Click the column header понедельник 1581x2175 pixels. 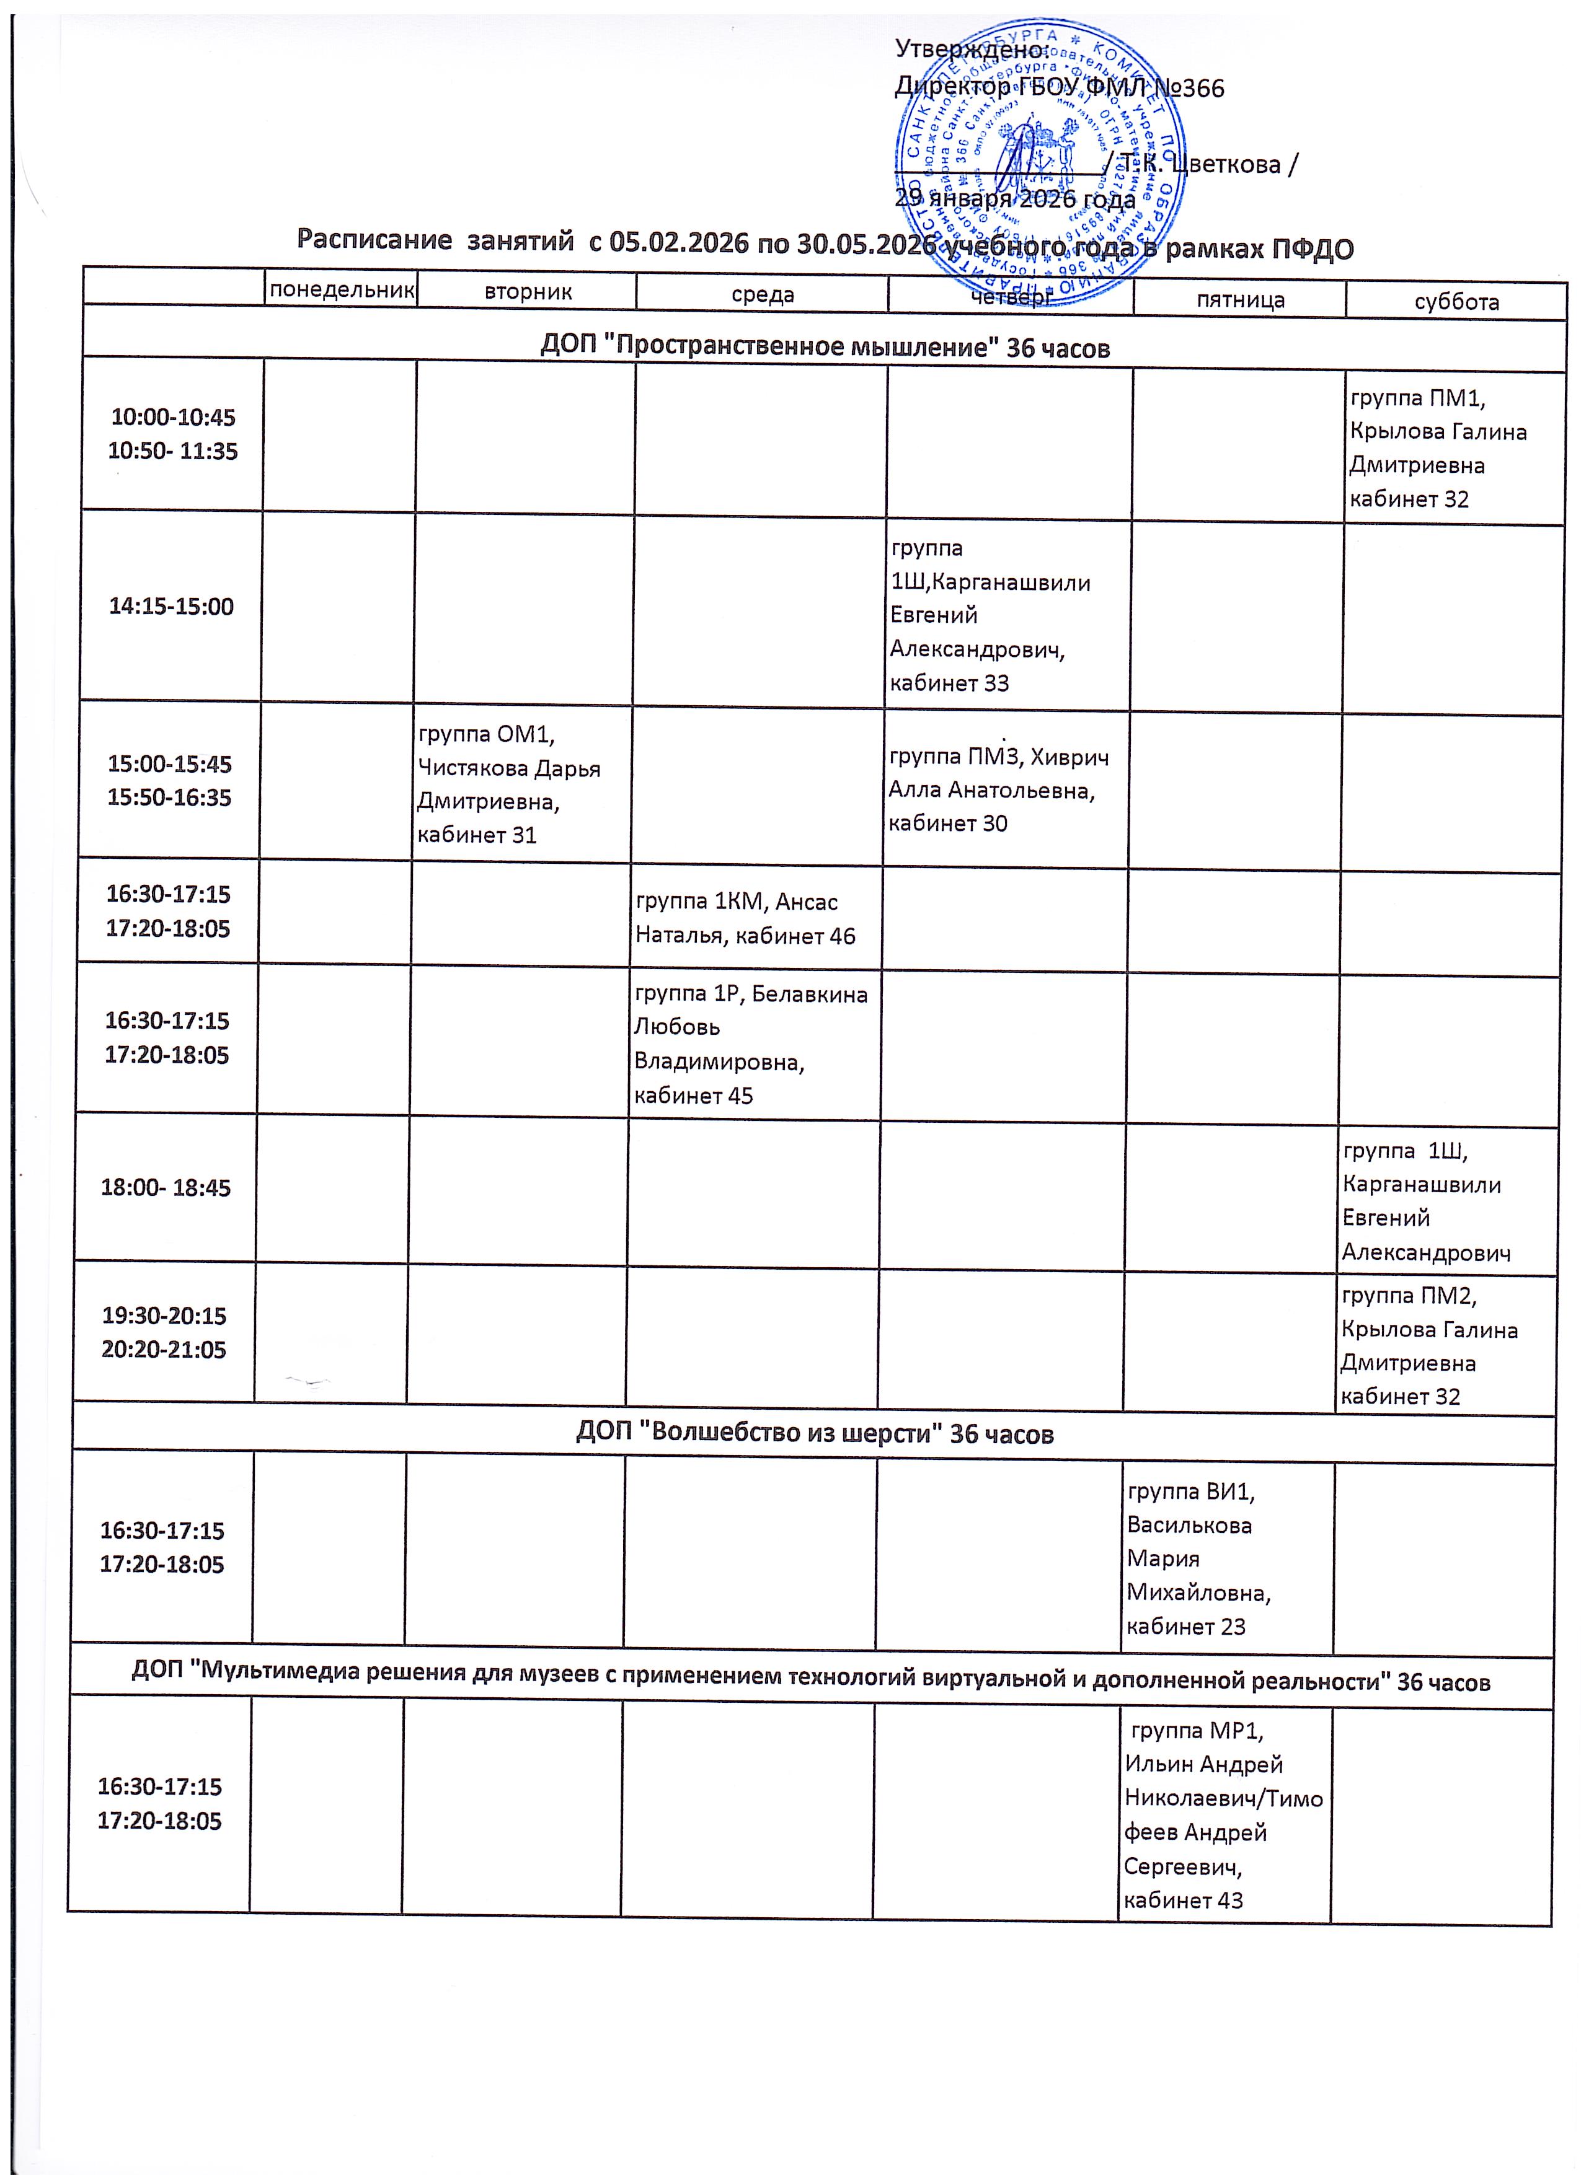(x=342, y=289)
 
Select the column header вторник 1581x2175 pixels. (x=528, y=291)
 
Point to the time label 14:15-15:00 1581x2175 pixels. (x=170, y=606)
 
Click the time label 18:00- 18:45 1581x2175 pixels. (x=166, y=1187)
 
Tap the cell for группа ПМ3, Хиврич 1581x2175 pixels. (x=998, y=790)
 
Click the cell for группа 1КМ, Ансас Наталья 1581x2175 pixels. (x=745, y=919)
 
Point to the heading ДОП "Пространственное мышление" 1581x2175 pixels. (x=825, y=347)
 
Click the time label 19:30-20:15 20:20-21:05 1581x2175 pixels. (x=164, y=1332)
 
